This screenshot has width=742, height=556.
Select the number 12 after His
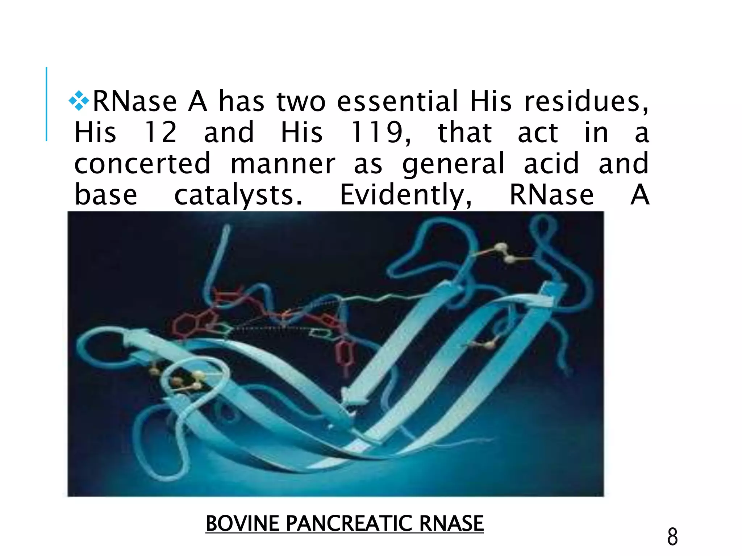(x=161, y=132)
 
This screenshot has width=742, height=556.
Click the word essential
(x=398, y=101)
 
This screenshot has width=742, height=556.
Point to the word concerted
(x=142, y=164)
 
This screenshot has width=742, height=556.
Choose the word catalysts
(x=238, y=195)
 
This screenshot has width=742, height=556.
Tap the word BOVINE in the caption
(x=242, y=523)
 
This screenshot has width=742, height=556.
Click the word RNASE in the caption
(x=451, y=523)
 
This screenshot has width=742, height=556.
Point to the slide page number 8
(x=672, y=537)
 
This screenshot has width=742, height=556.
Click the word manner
(x=283, y=164)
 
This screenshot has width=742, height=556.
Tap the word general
(x=453, y=164)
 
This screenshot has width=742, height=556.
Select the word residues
(x=586, y=101)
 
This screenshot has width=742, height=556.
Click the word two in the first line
(x=301, y=101)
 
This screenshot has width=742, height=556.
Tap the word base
(x=106, y=195)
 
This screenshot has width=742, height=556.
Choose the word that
(x=465, y=132)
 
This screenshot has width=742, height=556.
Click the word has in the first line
(x=241, y=101)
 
